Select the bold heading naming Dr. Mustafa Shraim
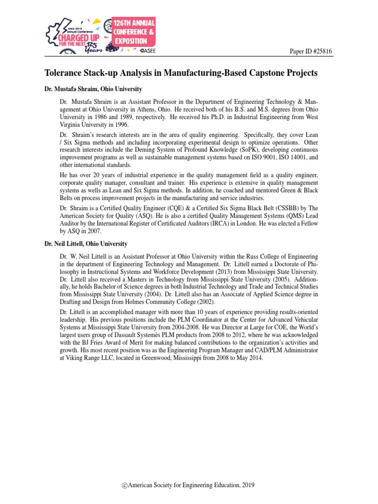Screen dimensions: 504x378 coord(94,89)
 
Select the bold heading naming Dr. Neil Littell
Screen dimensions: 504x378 coord(86,244)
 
